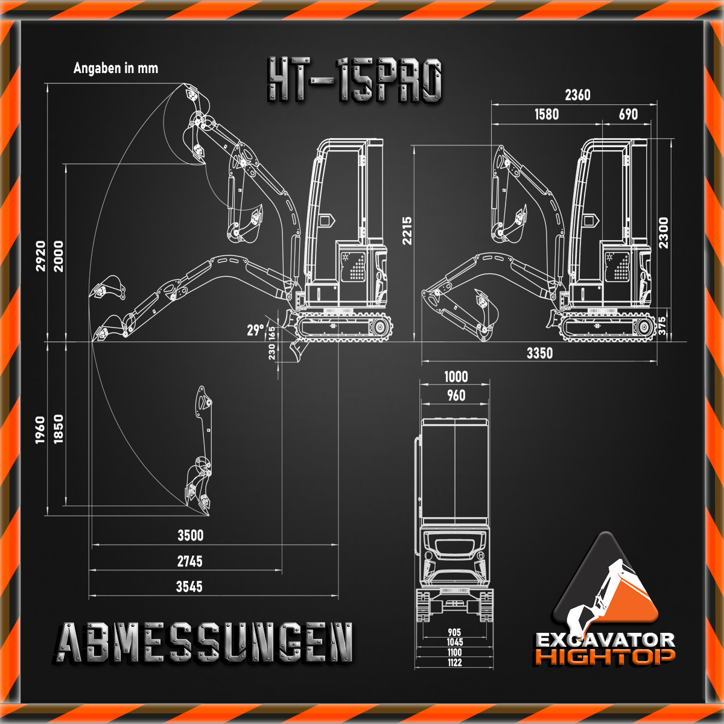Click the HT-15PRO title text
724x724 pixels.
point(355,80)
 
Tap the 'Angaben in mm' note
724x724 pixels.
point(116,68)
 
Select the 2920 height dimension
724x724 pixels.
point(40,256)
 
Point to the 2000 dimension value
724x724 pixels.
point(59,256)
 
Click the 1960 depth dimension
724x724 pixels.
point(40,430)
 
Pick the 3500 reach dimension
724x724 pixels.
point(190,535)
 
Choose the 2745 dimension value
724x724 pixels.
point(189,561)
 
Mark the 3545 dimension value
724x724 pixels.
point(189,586)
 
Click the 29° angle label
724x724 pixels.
point(255,330)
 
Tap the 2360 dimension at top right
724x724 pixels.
point(577,95)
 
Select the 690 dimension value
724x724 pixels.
point(628,114)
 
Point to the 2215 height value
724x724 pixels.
point(408,230)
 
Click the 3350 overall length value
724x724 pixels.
point(539,353)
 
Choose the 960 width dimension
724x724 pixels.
point(456,395)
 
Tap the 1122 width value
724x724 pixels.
point(455,662)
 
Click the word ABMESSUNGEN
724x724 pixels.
point(206,643)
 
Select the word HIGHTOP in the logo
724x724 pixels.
point(605,656)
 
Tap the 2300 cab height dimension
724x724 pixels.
point(663,233)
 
